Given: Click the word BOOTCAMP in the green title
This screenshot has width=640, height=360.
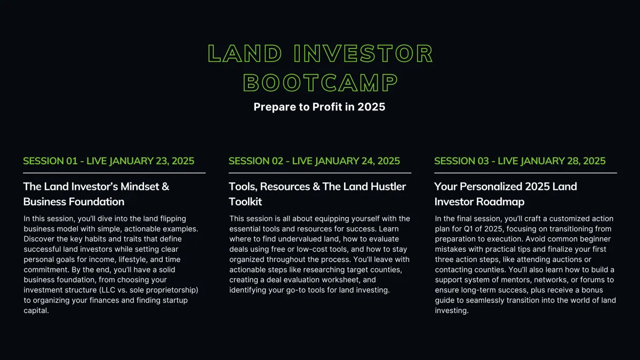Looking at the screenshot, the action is [x=321, y=83].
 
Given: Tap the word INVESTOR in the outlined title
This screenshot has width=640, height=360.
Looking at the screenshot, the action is [x=363, y=53].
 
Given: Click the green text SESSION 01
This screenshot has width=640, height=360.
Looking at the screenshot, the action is [x=50, y=161].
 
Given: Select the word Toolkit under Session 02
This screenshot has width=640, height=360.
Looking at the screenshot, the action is [x=245, y=202].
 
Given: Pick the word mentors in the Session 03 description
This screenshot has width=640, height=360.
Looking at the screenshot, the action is [x=515, y=279].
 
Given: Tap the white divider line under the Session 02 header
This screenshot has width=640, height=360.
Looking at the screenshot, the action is [x=319, y=173].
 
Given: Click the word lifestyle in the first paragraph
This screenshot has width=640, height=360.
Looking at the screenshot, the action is [x=133, y=259].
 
